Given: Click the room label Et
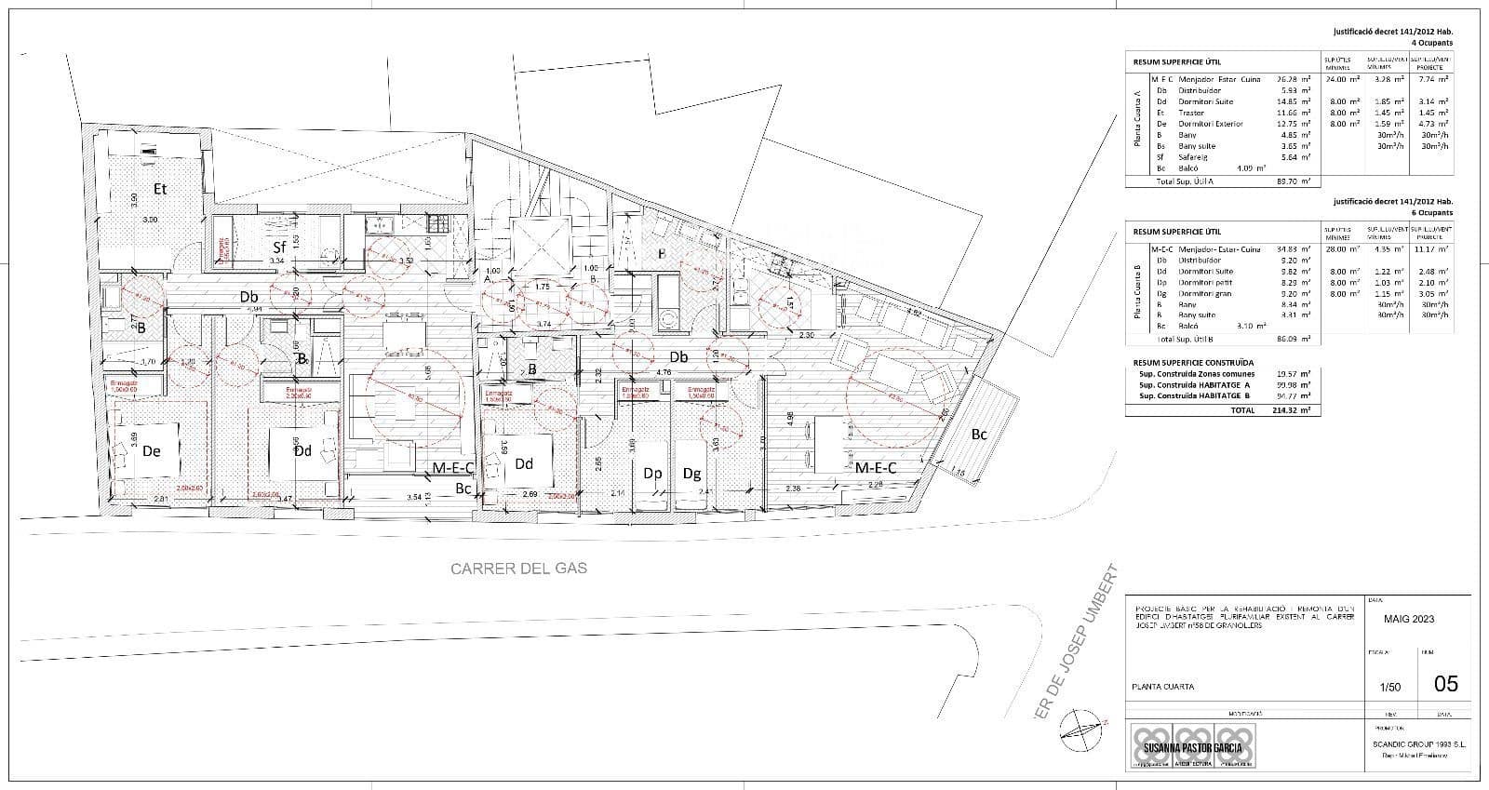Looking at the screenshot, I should pos(160,189).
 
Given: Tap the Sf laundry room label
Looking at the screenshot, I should pos(279,248).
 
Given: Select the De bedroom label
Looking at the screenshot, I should pos(152,451).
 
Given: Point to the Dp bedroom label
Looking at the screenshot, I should pos(652,474).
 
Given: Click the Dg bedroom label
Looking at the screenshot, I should pos(691,474).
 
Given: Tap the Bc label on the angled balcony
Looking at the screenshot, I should pos(979,434).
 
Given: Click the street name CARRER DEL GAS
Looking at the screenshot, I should pos(518,568).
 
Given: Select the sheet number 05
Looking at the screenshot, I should pos(1445,684).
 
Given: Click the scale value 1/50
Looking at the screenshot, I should pos(1389,687).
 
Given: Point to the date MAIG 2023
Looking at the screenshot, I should pos(1409,619).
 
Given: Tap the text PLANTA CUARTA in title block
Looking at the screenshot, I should pos(1162,688).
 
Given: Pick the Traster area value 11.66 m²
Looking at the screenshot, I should pos(1294,113).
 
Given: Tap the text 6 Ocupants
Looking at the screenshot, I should pos(1431,213).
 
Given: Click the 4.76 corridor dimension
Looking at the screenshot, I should pos(664,372).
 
